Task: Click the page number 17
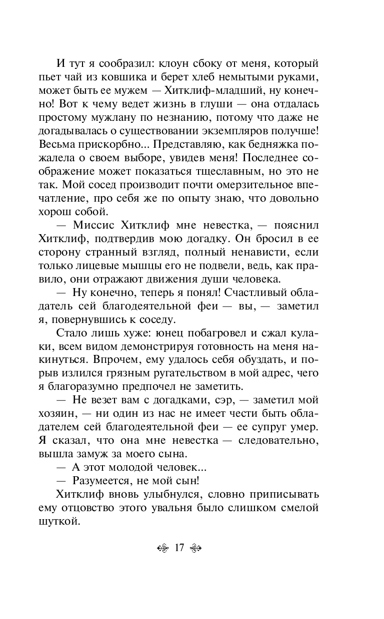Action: tap(179, 548)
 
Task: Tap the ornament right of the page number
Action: tap(194, 548)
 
